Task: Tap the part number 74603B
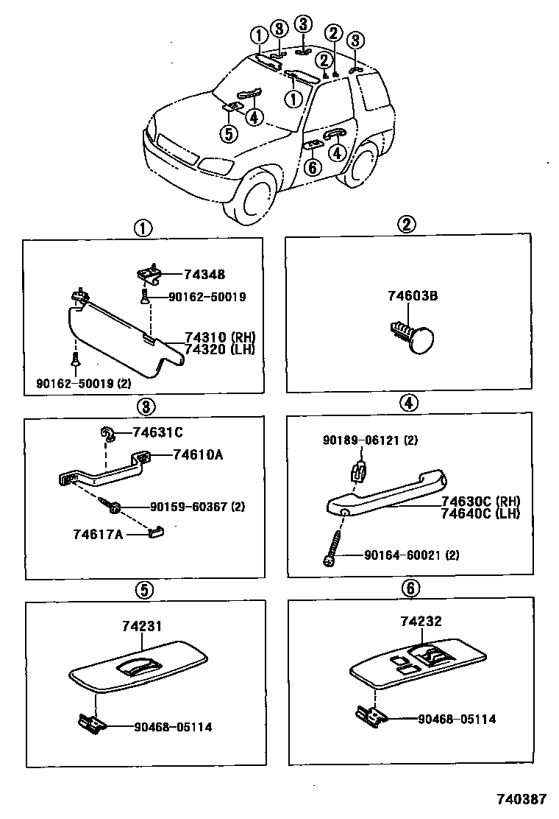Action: tap(413, 296)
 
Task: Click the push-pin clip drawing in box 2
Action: tap(412, 337)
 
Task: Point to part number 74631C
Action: tap(157, 432)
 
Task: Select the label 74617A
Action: tap(99, 532)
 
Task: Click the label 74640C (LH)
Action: tap(480, 513)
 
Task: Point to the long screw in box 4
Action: tap(335, 547)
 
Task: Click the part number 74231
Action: tap(142, 626)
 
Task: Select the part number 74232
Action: tap(421, 622)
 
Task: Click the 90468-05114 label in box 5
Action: tap(173, 726)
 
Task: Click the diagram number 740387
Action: tap(521, 798)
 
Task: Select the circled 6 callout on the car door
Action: tap(312, 167)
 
